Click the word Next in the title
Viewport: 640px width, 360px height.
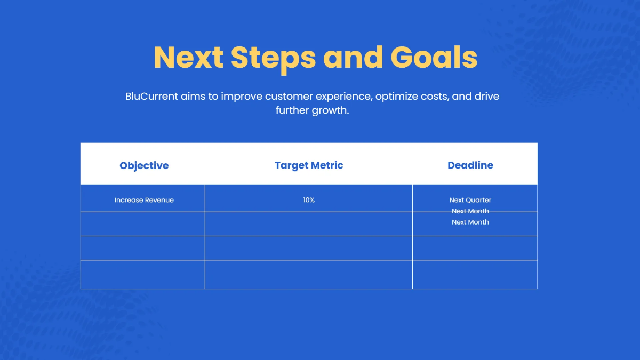pos(188,57)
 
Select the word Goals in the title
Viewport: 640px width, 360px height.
pos(434,57)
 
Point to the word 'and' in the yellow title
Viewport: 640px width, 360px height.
pos(353,57)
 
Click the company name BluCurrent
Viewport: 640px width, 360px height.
pos(152,97)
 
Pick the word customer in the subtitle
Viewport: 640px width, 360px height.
pos(289,97)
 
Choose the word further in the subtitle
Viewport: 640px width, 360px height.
pos(292,111)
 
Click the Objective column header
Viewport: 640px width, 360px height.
pos(144,165)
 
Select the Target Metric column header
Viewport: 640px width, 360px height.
pos(309,165)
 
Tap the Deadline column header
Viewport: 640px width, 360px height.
pos(470,165)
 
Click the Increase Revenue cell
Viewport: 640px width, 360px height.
pos(144,200)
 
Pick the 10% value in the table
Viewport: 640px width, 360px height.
pos(309,200)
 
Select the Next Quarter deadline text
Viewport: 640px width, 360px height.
pos(470,200)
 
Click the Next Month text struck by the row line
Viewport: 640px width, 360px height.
pos(470,211)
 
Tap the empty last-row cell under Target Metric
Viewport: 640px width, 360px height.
pos(309,274)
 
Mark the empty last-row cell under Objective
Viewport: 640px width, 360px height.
pos(143,274)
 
